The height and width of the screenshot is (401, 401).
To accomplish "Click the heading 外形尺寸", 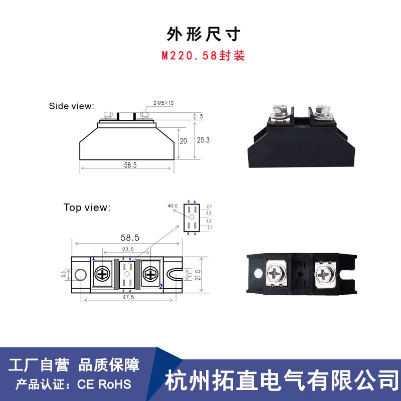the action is click(204, 35).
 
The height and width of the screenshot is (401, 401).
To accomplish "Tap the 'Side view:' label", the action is click(71, 106).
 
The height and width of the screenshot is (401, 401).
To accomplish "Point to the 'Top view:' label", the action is click(87, 207).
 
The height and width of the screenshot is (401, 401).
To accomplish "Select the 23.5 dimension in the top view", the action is click(128, 249).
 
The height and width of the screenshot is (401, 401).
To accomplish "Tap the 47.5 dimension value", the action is click(128, 297).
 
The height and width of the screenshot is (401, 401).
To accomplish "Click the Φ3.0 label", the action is click(173, 206).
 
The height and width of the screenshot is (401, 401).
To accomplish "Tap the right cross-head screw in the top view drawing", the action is click(150, 274).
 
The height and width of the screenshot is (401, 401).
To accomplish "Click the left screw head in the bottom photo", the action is click(277, 274).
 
